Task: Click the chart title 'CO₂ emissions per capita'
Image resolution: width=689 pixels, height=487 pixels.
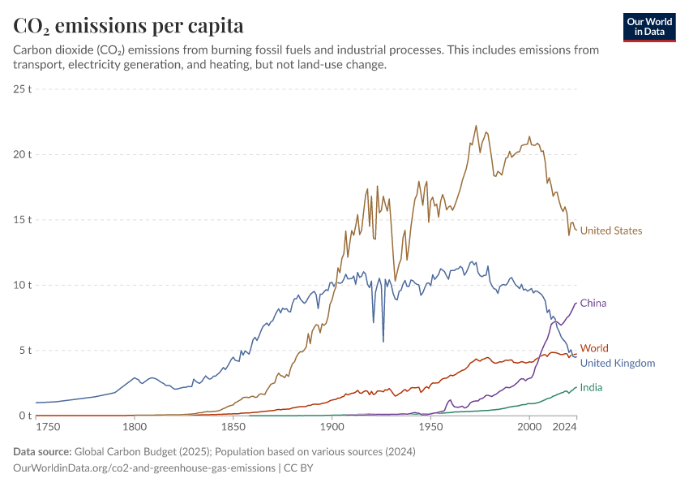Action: [x=128, y=26]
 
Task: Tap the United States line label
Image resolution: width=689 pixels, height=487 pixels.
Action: [x=611, y=231]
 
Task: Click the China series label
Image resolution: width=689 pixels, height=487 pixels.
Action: [x=593, y=303]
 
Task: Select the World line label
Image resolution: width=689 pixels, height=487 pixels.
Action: [x=594, y=348]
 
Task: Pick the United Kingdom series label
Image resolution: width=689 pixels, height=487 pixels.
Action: [x=618, y=363]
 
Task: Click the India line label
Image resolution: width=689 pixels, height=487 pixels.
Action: [x=591, y=388]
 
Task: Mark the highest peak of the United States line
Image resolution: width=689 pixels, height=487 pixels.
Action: [x=476, y=126]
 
